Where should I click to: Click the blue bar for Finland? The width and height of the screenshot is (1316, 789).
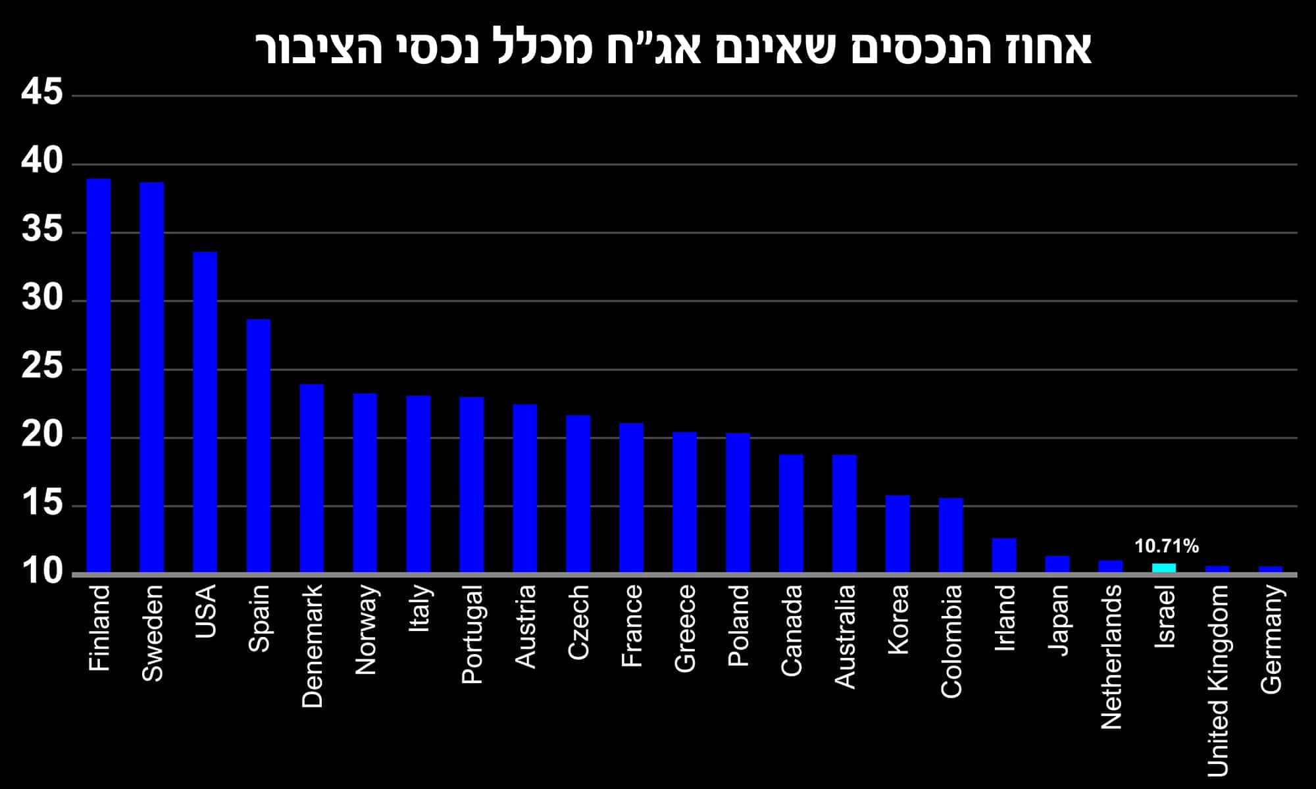[99, 375]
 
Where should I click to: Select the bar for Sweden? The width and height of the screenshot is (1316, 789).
[152, 377]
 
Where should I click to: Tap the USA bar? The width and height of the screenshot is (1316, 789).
[205, 412]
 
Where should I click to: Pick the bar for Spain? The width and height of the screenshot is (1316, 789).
[259, 445]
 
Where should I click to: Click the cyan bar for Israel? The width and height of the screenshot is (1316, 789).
[1164, 568]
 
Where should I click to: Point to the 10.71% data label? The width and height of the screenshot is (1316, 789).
[1167, 546]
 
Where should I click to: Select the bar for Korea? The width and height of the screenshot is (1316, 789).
[898, 534]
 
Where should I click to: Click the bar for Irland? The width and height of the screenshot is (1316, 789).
[1004, 555]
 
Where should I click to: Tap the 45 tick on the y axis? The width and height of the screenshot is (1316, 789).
[42, 92]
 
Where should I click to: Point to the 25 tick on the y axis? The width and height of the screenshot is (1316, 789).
[42, 367]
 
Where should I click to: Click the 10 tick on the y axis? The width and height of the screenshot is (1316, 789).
[42, 573]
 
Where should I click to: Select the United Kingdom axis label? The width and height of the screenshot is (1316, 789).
[1218, 681]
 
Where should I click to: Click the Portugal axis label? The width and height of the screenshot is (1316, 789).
[472, 634]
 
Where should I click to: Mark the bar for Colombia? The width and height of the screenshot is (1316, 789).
[951, 535]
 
